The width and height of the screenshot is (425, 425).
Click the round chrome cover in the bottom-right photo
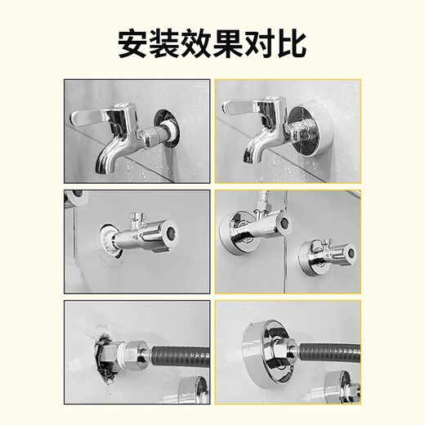point(271,343)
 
